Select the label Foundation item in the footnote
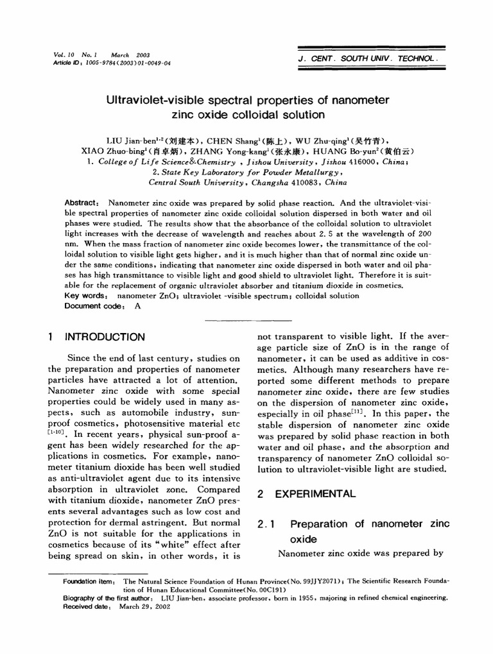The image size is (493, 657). [89, 581]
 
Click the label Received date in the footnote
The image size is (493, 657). [85, 606]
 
